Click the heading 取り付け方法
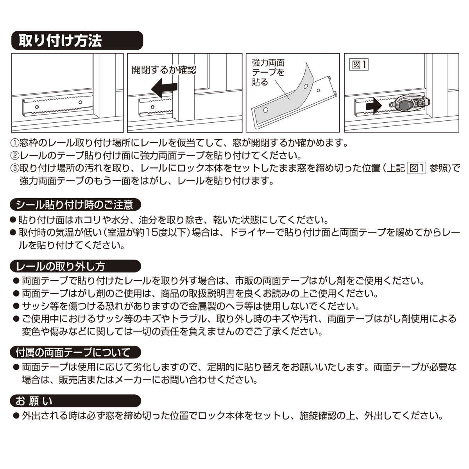(x=60, y=40)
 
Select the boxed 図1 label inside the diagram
(x=359, y=65)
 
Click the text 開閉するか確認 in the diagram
(x=164, y=70)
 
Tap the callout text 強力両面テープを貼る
(x=268, y=72)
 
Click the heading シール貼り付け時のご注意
(x=75, y=205)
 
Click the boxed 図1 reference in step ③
(x=416, y=168)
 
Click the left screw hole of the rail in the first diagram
(x=37, y=107)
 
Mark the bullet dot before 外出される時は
(x=16, y=415)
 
